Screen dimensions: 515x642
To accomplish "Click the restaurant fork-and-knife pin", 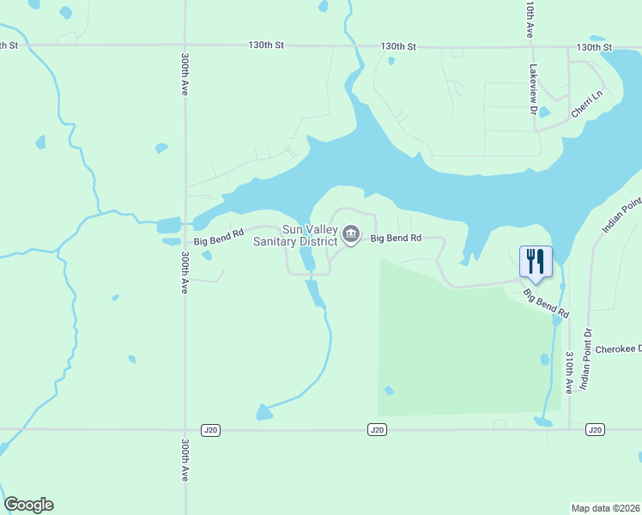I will click(536, 260).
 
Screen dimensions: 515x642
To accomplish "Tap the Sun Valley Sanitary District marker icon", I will click(351, 233).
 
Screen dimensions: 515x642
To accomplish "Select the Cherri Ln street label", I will click(588, 106).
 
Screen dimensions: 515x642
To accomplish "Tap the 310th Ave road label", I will click(569, 371).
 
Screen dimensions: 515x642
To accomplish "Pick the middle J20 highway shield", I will click(375, 429).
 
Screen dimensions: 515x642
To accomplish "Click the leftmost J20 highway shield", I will click(210, 429).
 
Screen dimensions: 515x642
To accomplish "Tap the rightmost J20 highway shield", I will click(596, 429).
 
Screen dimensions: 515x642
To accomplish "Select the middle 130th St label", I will click(398, 46).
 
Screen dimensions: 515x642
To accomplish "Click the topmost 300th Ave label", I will click(185, 76).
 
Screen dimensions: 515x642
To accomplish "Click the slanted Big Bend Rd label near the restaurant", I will click(547, 305).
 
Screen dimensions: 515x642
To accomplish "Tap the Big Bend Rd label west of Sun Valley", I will click(219, 237).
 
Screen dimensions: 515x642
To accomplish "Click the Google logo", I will click(29, 505).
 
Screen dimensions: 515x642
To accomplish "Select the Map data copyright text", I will click(605, 508).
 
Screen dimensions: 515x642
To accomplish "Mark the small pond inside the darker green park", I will click(389, 391).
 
